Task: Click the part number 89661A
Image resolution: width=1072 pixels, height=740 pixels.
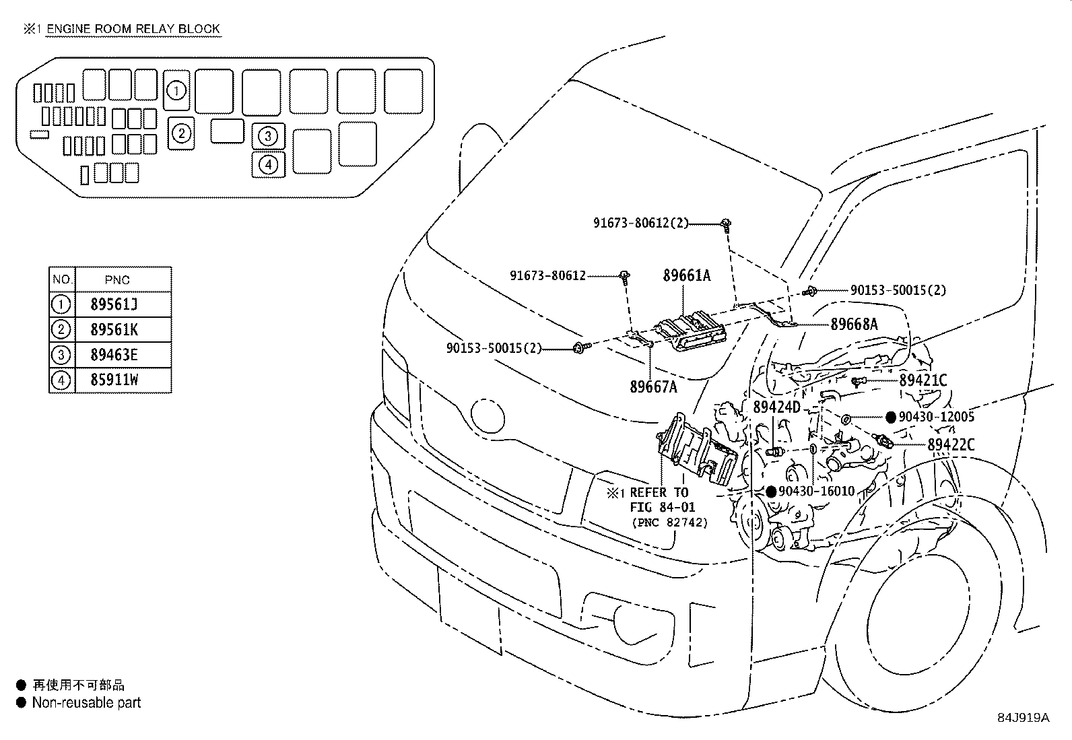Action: click(686, 275)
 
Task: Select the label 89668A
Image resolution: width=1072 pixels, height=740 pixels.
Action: click(854, 324)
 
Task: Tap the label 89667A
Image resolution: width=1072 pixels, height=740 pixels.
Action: click(653, 386)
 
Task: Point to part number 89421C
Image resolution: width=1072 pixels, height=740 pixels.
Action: click(923, 380)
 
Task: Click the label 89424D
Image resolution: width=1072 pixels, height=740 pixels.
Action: click(776, 407)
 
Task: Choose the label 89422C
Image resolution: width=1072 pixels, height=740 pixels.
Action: click(951, 444)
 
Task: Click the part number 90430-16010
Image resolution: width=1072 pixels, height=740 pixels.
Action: click(816, 492)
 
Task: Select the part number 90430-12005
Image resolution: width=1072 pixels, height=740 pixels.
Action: click(936, 417)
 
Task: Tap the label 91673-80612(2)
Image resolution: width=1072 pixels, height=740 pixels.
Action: click(640, 223)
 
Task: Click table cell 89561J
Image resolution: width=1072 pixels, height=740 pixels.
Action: click(114, 304)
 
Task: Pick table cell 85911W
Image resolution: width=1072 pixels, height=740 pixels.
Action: click(114, 380)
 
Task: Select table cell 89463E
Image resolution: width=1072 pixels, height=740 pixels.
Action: click(114, 355)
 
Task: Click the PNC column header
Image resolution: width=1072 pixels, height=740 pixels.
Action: click(118, 280)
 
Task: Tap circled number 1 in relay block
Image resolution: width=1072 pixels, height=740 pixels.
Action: click(176, 90)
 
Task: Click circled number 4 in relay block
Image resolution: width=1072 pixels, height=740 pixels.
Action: click(268, 164)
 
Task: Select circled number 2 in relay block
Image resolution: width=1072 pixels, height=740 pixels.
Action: click(181, 133)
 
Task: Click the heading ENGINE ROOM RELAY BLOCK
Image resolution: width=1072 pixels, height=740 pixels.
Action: click(133, 28)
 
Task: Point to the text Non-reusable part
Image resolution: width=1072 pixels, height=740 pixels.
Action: click(86, 703)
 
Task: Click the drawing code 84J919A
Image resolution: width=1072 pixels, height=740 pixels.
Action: click(1023, 718)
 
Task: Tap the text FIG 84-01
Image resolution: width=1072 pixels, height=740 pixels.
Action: click(662, 507)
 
